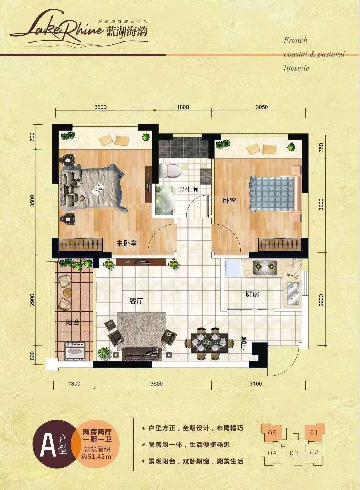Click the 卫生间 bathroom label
(188, 189)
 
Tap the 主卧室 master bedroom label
(127, 243)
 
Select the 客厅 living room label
(136, 301)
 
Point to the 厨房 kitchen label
(252, 294)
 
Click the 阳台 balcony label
(72, 322)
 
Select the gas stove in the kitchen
(265, 267)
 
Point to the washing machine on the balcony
(75, 351)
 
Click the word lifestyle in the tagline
(296, 68)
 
